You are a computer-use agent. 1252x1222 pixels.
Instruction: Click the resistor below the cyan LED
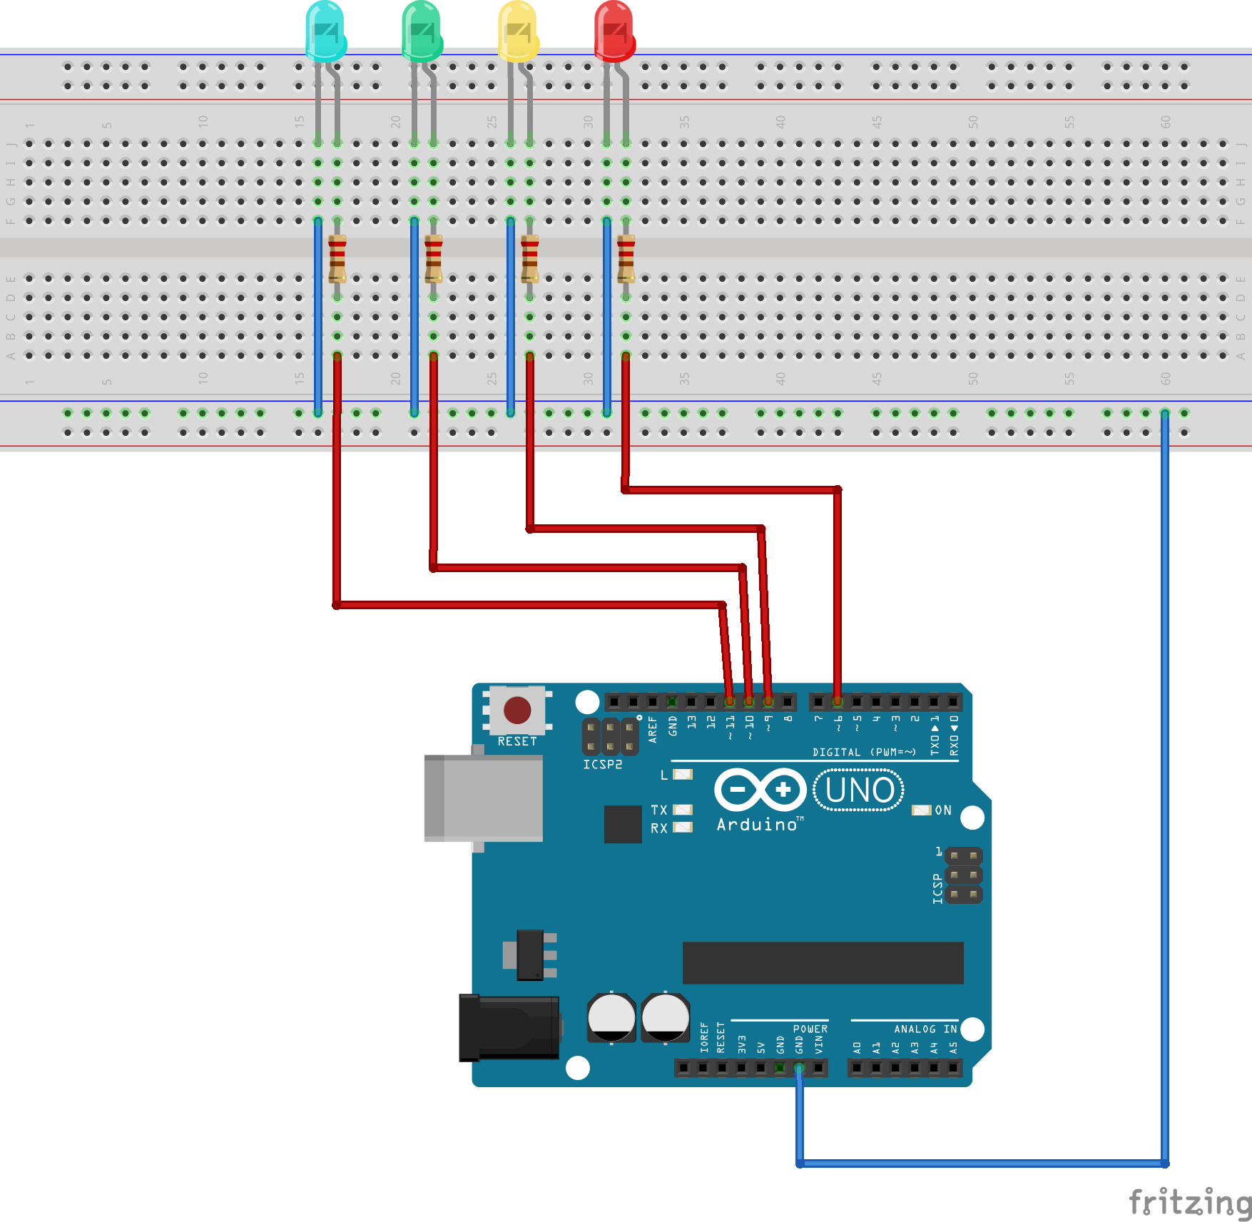pyautogui.click(x=337, y=258)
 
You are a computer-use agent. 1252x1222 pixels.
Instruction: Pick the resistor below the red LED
pyautogui.click(x=626, y=258)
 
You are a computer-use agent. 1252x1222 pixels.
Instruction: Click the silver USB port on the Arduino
pyautogui.click(x=484, y=798)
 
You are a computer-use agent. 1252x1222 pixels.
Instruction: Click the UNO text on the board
pyautogui.click(x=859, y=790)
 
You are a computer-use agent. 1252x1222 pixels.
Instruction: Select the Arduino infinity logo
pyautogui.click(x=760, y=790)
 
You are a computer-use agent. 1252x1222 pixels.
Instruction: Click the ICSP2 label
pyautogui.click(x=603, y=765)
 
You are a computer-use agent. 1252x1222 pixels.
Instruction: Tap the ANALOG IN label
pyautogui.click(x=925, y=1029)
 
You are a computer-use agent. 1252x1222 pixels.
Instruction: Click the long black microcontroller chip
pyautogui.click(x=823, y=962)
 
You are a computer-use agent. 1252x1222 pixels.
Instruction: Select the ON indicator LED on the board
pyautogui.click(x=922, y=810)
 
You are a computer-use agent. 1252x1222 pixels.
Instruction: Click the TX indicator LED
pyautogui.click(x=683, y=810)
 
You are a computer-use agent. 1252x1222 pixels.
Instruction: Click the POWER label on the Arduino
pyautogui.click(x=810, y=1029)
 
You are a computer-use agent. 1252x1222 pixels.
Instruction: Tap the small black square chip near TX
pyautogui.click(x=622, y=824)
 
